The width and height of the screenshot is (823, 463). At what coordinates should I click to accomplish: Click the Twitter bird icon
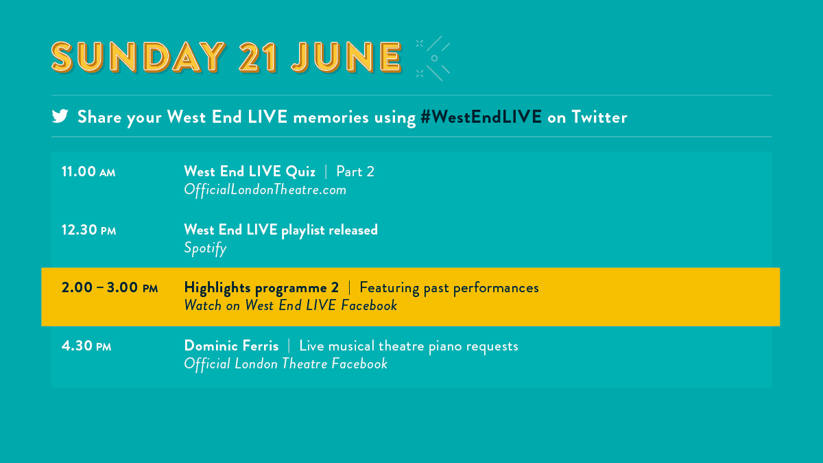[60, 117]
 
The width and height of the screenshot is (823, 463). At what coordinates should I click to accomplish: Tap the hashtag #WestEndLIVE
[481, 117]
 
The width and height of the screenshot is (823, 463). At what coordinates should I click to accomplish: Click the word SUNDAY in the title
[138, 57]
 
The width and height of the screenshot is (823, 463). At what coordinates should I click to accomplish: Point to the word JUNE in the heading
[346, 57]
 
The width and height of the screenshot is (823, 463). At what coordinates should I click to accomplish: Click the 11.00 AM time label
[88, 172]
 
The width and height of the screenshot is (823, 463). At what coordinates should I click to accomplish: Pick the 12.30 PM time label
[88, 230]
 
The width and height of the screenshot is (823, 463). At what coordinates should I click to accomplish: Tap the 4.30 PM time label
[86, 346]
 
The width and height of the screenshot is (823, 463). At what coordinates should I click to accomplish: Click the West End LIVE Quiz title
[250, 171]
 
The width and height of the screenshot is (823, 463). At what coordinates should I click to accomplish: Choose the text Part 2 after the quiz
[355, 171]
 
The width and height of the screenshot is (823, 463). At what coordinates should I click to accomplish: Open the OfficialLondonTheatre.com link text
[265, 190]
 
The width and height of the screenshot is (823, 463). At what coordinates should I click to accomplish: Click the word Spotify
[205, 248]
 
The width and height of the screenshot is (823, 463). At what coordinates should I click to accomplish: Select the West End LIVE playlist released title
[281, 230]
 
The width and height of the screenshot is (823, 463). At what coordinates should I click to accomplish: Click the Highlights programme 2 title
[261, 287]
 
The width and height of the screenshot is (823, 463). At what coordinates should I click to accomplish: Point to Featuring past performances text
[449, 287]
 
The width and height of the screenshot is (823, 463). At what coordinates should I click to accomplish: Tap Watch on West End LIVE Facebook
[290, 306]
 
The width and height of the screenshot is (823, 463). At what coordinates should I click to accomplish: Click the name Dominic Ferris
[231, 346]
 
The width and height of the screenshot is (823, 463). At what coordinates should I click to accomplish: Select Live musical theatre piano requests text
[409, 346]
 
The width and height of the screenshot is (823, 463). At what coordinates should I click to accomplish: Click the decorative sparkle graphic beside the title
[433, 58]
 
